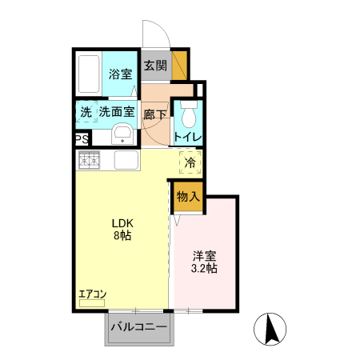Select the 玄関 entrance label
point(155,66)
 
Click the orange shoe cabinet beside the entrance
point(181,65)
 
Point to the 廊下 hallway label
point(155,114)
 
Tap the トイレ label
point(188,137)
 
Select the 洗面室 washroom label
point(117,112)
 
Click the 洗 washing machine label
point(86,112)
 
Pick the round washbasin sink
point(122,134)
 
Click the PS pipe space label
point(82,139)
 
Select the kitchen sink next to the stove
point(128,160)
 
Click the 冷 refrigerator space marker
point(190,163)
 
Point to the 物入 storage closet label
point(188,196)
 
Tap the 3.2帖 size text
point(205,270)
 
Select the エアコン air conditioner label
point(93,294)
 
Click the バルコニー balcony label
point(139,327)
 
